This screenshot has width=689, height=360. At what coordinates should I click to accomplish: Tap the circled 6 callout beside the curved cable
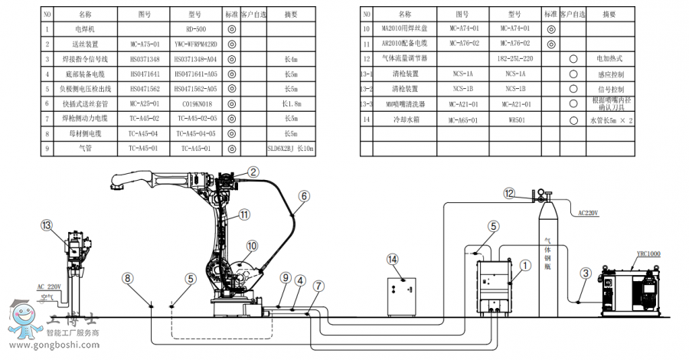pyautogui.click(x=304, y=196)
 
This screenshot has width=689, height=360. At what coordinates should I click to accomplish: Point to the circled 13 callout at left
pyautogui.click(x=47, y=225)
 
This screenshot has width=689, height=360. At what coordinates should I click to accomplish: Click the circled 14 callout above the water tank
pyautogui.click(x=393, y=260)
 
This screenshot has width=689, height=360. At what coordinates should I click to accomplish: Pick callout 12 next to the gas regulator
pyautogui.click(x=509, y=194)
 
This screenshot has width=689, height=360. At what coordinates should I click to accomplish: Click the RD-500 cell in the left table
pyautogui.click(x=197, y=29)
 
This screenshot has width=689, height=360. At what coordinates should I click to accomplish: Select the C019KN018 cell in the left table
pyautogui.click(x=197, y=103)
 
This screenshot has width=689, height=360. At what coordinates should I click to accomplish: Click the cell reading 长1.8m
pyautogui.click(x=291, y=103)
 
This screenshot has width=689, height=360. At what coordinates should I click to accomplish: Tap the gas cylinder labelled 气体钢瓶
pyautogui.click(x=547, y=257)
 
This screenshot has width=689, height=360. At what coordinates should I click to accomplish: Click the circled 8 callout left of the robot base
pyautogui.click(x=128, y=278)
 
